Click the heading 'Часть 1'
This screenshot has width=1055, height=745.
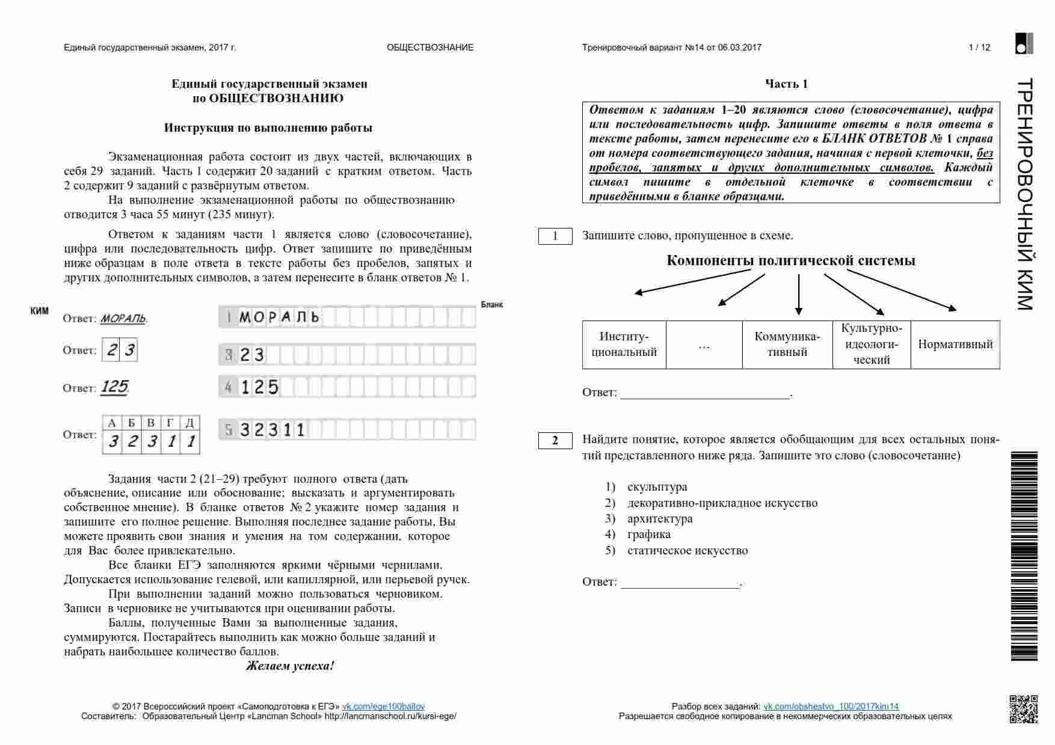786,84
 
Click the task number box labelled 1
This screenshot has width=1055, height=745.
555,236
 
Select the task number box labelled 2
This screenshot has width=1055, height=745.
555,441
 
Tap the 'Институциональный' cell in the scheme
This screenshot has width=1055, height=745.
624,345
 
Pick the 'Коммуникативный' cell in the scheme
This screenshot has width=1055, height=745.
787,345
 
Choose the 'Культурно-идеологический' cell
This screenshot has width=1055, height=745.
871,345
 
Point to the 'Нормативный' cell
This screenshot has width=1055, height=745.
955,345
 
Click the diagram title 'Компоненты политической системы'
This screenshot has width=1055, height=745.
790,261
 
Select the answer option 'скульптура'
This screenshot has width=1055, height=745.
657,487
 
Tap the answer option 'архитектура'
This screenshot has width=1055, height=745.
660,519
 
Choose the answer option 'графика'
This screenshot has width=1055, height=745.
648,535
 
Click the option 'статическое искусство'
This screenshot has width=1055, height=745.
687,551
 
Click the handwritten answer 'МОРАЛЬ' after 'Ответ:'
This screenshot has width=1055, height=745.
123,319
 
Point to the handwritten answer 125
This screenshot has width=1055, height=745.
114,387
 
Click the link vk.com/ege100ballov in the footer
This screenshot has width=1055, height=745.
383,707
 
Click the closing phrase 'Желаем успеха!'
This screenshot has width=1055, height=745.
289,666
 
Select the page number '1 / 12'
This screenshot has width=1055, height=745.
979,48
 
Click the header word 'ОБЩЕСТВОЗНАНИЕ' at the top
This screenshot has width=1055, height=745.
430,48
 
